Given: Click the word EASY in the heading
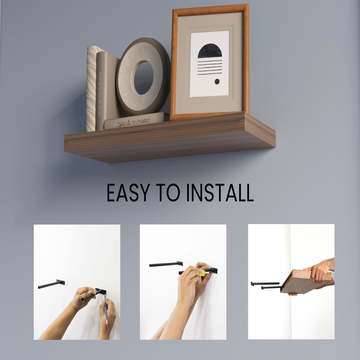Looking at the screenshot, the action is [x=129, y=193].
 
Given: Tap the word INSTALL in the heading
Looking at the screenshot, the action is [x=220, y=193].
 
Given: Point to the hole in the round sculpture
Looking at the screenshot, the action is [x=144, y=78].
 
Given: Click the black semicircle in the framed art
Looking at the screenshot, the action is [x=210, y=51].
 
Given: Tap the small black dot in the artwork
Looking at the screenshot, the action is [x=217, y=81].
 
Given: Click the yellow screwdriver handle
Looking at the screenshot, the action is [x=203, y=273].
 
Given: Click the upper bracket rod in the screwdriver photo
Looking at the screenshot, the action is [x=166, y=264].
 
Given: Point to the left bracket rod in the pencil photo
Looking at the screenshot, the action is [x=51, y=284].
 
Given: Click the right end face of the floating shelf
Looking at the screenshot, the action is [x=260, y=130].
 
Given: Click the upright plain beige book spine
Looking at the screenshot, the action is [x=102, y=91].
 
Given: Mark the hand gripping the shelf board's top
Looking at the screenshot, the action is [x=318, y=271].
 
